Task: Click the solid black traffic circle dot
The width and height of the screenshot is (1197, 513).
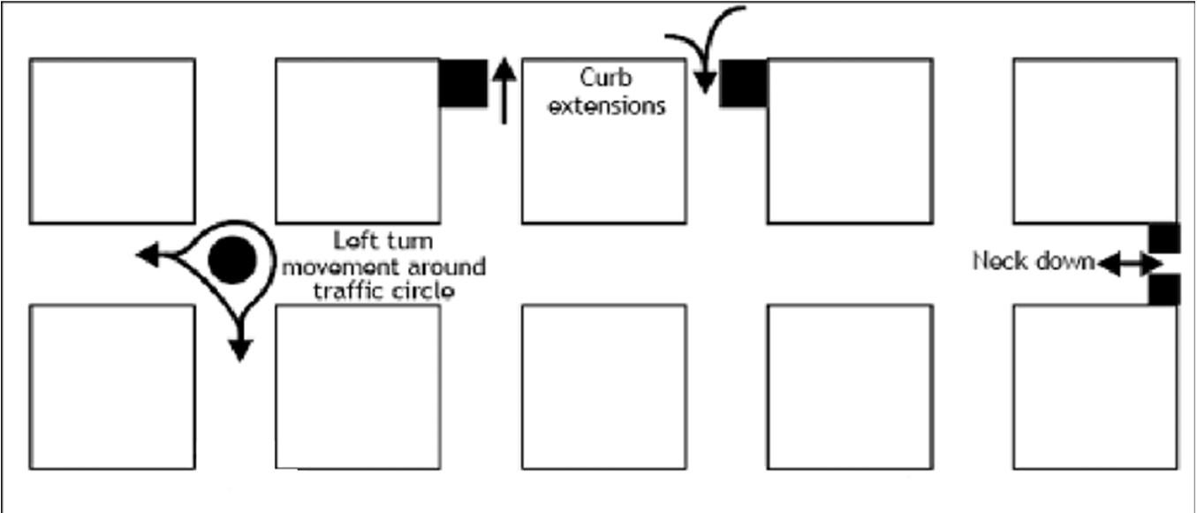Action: [x=232, y=260]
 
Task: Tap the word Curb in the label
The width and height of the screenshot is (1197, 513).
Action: [x=606, y=78]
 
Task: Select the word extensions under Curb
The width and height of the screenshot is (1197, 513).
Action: [x=606, y=106]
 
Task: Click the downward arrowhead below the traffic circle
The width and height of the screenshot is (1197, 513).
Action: [x=239, y=350]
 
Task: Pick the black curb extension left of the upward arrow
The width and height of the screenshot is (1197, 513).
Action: [x=464, y=84]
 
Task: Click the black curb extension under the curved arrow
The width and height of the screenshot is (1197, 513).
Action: [x=743, y=84]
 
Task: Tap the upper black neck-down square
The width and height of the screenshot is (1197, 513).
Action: [x=1164, y=238]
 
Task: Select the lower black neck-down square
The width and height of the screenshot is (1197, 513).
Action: [x=1164, y=290]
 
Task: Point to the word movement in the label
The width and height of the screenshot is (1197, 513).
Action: [x=337, y=266]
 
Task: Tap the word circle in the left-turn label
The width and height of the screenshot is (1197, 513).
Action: [x=423, y=290]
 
